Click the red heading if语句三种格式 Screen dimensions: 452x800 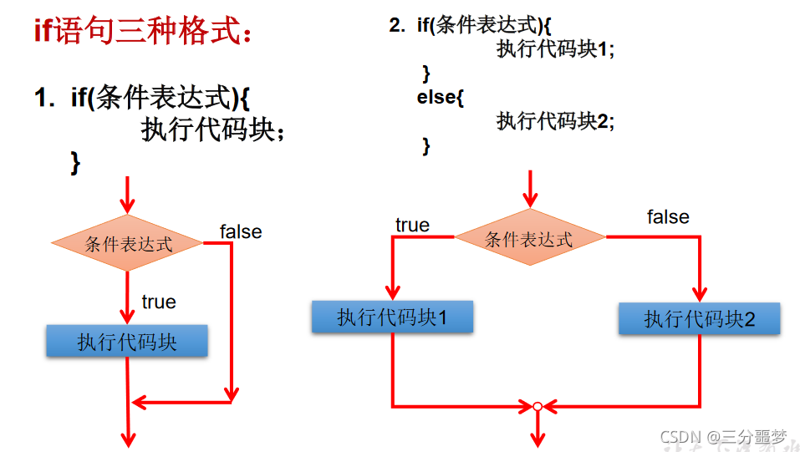[x=143, y=31]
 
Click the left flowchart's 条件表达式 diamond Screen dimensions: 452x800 [x=127, y=244]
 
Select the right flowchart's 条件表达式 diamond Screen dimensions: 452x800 [x=529, y=239]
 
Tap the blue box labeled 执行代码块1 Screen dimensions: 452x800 [x=392, y=317]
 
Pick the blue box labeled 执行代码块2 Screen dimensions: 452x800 [x=699, y=319]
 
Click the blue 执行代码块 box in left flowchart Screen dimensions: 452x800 [x=127, y=342]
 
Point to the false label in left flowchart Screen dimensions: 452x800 [x=241, y=231]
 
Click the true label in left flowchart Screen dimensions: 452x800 [x=159, y=302]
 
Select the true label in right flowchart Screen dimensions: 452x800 [x=412, y=225]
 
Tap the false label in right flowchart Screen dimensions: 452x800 [x=668, y=217]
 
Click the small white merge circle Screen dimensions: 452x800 [x=538, y=408]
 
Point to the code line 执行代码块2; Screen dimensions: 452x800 [x=555, y=121]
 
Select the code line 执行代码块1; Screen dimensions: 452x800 [x=555, y=48]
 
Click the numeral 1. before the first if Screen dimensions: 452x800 [x=44, y=98]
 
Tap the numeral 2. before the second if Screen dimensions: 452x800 [x=397, y=25]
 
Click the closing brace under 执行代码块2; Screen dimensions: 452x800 [x=426, y=145]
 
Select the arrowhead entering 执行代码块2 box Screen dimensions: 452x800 [x=699, y=294]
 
